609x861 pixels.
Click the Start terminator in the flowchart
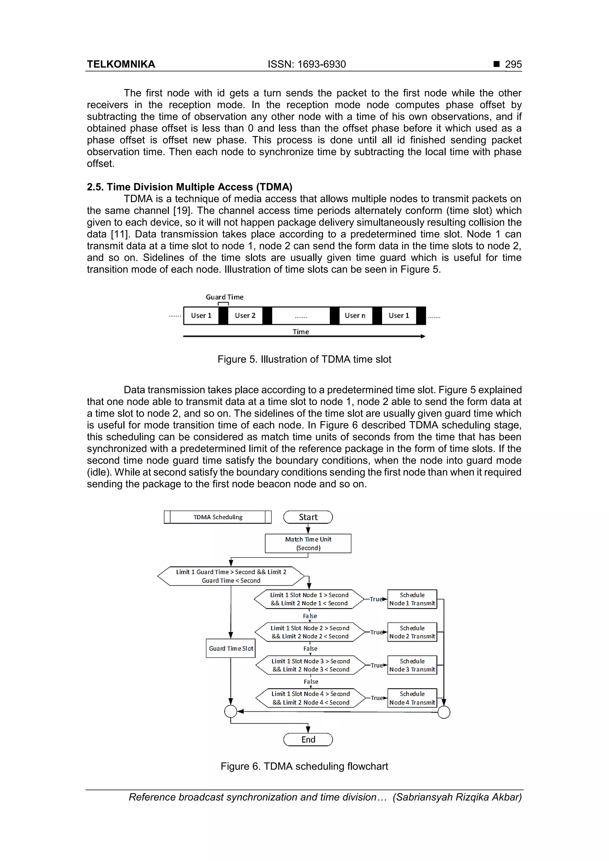coord(308,517)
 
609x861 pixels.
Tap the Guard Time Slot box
coord(231,648)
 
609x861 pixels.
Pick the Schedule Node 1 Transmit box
coord(412,599)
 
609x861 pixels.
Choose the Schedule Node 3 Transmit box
coord(412,665)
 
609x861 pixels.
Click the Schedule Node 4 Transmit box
coord(412,698)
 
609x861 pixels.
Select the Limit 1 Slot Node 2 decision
coord(310,632)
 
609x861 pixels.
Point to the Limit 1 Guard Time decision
coord(231,576)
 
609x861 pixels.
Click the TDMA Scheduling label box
coord(218,517)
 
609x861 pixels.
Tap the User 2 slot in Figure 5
coord(245,315)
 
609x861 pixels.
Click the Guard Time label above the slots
coord(225,297)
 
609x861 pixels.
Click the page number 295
coord(513,64)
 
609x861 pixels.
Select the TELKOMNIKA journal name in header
coord(121,64)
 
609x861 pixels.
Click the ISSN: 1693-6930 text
coord(307,64)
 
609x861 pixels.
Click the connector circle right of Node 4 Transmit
coord(444,712)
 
